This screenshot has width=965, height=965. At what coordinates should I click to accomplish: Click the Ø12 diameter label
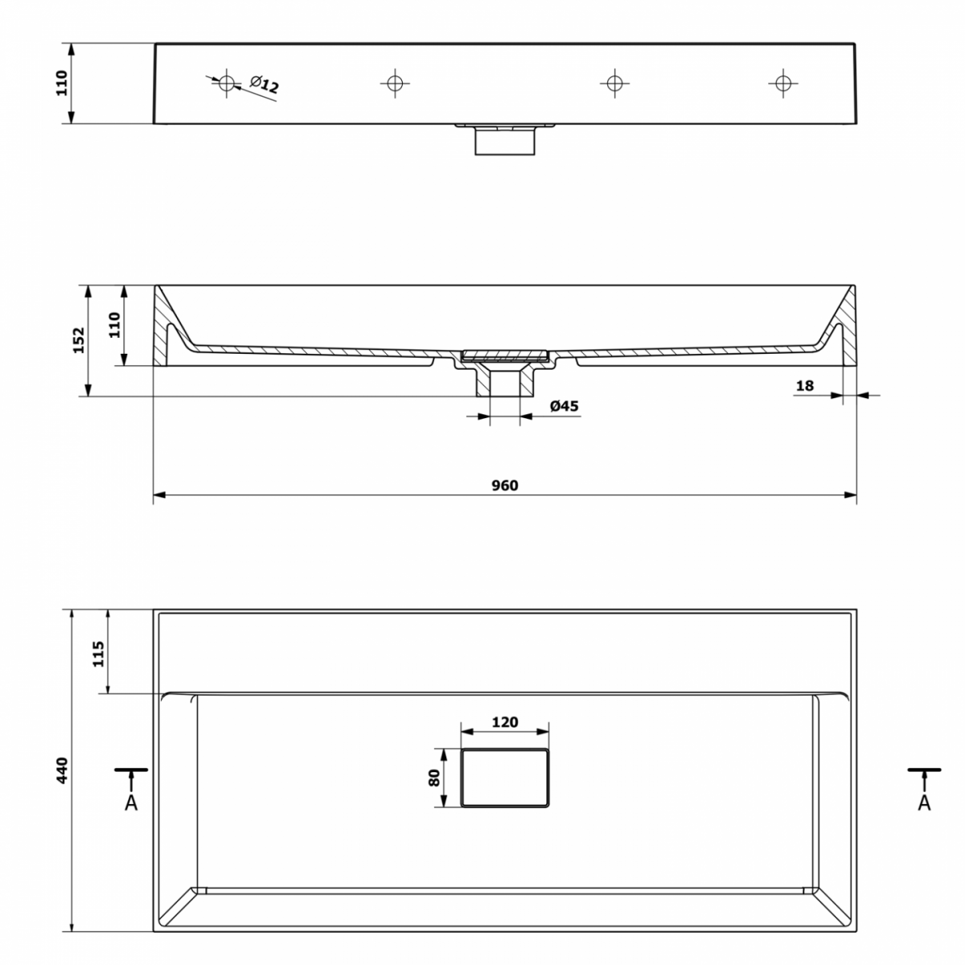[264, 84]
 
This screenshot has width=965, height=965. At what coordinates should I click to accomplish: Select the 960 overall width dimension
[504, 485]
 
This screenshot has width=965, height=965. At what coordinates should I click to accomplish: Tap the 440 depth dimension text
[62, 770]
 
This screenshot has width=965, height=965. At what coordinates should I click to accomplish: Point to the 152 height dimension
[79, 340]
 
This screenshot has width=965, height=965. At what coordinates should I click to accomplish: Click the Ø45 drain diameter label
[564, 405]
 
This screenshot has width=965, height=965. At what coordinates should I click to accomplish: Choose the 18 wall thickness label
[804, 386]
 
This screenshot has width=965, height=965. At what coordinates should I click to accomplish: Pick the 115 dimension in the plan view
[98, 654]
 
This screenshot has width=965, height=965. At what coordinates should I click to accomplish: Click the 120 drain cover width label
[504, 721]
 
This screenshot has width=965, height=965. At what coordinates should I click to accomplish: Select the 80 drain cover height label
[433, 778]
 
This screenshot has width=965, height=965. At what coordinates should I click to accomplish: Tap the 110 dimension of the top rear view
[61, 83]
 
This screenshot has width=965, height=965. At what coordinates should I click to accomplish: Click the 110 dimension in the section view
[115, 325]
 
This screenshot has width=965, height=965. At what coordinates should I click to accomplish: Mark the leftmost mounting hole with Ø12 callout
[226, 83]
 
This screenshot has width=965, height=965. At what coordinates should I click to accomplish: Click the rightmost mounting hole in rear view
[782, 83]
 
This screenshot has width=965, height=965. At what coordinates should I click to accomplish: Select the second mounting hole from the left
[395, 83]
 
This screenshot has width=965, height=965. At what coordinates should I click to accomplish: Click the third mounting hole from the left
[614, 83]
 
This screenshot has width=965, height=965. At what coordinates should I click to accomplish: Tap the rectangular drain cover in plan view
[504, 778]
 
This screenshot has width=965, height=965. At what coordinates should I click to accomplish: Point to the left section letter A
[131, 803]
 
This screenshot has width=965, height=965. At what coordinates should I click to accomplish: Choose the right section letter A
[924, 803]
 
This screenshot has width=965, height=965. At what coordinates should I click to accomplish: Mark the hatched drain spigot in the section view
[504, 380]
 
